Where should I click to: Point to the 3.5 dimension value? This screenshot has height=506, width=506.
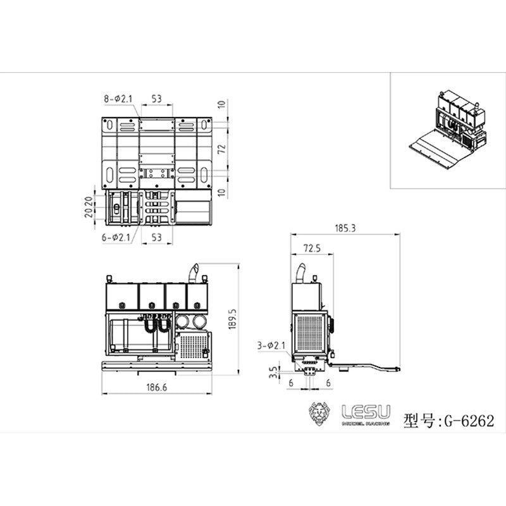point(272,371)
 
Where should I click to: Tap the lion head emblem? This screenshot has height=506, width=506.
point(321,415)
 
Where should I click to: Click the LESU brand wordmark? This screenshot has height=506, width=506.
point(366,411)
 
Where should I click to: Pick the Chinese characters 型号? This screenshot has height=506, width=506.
point(416,420)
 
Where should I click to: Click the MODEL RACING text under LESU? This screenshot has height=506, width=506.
point(366,424)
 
